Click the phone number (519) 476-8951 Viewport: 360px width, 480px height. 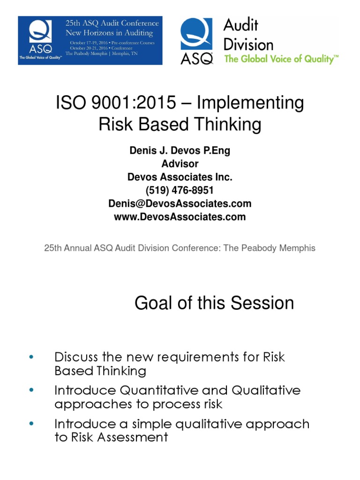180,191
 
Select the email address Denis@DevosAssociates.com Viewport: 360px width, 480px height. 180,204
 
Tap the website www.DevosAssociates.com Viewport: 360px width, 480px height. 180,217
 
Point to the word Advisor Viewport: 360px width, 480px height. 180,164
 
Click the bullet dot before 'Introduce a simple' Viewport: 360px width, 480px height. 31,424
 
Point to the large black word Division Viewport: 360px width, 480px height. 248,45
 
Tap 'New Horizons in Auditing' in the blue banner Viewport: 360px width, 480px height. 110,33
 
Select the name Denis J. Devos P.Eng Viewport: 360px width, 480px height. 180,151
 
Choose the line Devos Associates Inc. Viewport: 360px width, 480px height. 180,178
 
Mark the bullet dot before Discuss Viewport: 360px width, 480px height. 31,357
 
